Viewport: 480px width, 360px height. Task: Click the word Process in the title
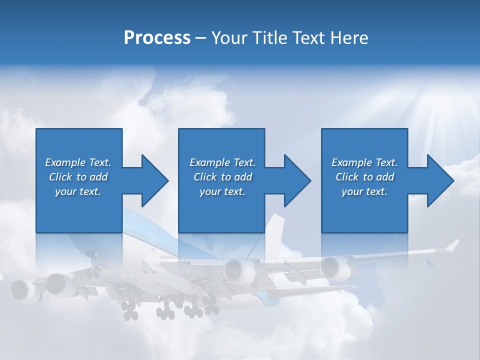pyautogui.click(x=157, y=38)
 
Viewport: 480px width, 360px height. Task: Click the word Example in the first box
pyautogui.click(x=65, y=162)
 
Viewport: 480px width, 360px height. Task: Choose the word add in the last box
pyautogui.click(x=385, y=177)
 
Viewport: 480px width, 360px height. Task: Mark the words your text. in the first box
pyautogui.click(x=78, y=191)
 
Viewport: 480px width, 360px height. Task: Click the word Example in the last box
pyautogui.click(x=351, y=162)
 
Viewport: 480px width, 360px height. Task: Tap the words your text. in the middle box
pyautogui.click(x=222, y=191)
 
